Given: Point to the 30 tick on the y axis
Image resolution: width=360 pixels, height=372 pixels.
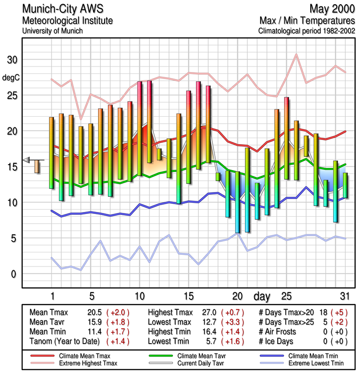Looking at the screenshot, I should [12, 60].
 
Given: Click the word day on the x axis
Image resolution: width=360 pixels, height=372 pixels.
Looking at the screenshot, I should [262, 296].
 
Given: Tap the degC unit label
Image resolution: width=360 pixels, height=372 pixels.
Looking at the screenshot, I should [11, 77].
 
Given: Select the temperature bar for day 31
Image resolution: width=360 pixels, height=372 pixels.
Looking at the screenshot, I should [345, 185].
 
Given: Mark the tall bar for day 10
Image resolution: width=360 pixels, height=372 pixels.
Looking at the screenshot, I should [139, 128].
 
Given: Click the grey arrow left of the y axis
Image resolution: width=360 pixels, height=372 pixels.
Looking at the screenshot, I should [27, 160].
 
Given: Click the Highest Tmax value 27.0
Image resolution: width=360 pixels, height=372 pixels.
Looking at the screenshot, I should [211, 312].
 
